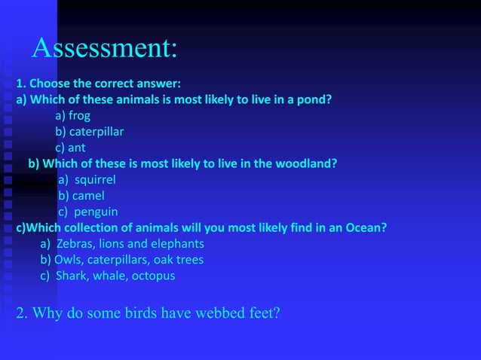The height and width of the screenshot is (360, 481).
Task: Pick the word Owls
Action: pos(68,260)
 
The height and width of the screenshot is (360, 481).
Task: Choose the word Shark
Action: pos(72,276)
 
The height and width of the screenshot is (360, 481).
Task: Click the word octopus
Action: pos(153,276)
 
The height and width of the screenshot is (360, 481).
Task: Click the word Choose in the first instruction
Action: pos(50,84)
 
